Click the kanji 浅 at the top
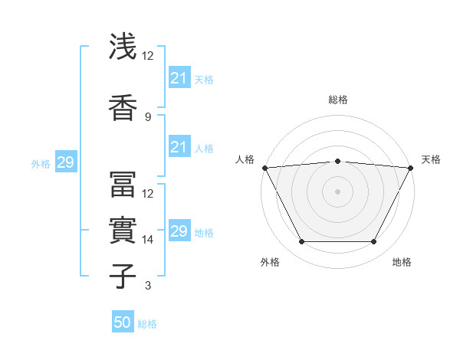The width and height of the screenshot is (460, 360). (122, 47)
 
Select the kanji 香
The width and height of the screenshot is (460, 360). (122, 107)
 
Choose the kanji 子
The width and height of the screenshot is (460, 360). (122, 275)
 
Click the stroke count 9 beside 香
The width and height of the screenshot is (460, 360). (147, 116)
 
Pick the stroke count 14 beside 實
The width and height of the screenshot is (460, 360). (148, 240)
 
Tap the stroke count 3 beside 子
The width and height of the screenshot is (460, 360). (147, 286)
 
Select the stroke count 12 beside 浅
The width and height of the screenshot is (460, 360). (148, 56)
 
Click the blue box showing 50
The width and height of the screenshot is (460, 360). (123, 323)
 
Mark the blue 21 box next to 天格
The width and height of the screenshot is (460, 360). (179, 77)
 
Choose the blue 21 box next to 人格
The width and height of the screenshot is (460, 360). (179, 147)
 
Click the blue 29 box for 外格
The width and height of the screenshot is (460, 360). (65, 162)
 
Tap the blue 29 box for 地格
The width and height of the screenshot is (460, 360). (179, 231)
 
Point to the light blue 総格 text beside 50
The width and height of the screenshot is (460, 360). (147, 324)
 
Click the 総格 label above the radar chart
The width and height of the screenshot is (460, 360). (337, 100)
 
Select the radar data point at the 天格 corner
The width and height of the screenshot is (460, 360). (411, 168)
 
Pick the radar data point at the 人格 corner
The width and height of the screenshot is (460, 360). (264, 168)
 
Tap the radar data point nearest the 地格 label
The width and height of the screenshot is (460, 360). (373, 242)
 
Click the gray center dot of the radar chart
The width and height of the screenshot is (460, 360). (337, 191)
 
